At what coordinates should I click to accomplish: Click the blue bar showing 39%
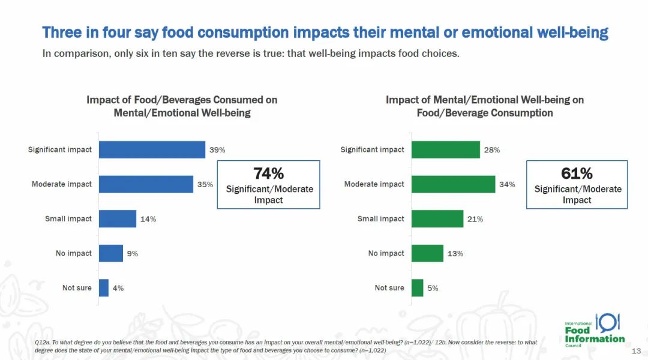[x=152, y=149]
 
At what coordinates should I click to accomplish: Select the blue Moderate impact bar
[x=146, y=184]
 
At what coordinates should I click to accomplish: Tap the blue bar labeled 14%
[x=118, y=219]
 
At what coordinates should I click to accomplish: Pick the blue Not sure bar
[x=104, y=288]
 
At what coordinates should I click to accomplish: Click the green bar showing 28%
[x=445, y=149]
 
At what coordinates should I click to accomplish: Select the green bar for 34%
[x=453, y=184]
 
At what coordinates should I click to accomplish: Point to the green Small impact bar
[x=437, y=219]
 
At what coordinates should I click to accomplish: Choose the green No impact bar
[x=427, y=253]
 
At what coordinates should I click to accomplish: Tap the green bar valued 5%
[x=417, y=288]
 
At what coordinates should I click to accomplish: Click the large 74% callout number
[x=269, y=173]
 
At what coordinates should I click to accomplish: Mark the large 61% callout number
[x=577, y=173]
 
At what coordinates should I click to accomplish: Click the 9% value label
[x=132, y=254]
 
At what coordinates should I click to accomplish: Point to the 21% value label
[x=475, y=219]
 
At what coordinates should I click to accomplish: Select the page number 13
[x=637, y=351]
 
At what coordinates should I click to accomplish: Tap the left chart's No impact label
[x=74, y=254]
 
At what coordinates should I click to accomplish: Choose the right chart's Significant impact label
[x=372, y=149]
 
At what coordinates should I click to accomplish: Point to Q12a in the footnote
[x=42, y=342]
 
